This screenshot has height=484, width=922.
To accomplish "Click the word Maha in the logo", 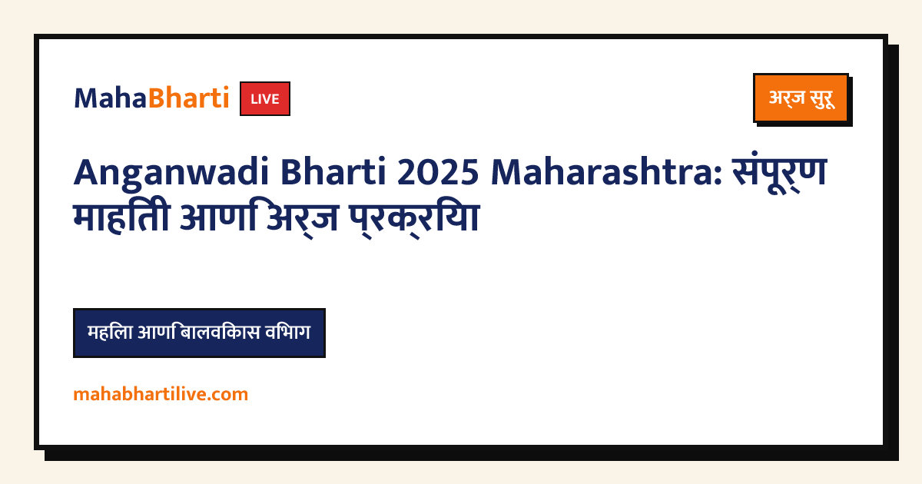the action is (111, 99).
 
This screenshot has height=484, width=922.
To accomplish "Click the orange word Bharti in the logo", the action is (188, 98).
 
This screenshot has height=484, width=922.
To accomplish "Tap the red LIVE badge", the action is (265, 99).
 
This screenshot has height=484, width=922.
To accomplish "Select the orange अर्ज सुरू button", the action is (801, 98).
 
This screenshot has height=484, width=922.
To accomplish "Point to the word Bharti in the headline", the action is (333, 171).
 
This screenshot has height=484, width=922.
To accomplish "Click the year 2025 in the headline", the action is (438, 172).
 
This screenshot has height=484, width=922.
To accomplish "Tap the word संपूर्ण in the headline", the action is (780, 173).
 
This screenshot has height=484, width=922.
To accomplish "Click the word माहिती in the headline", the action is (122, 217).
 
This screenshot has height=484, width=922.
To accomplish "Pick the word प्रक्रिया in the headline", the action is (414, 218).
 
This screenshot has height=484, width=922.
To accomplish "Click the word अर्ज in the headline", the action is (303, 218).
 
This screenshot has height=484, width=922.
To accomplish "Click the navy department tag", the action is (199, 333).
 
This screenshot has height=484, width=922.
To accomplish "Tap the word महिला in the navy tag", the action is (110, 332).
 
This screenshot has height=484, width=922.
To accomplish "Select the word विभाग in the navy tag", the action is (287, 332).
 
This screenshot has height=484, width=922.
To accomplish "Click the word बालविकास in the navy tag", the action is (220, 332).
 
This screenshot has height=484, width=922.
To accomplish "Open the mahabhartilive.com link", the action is (161, 394).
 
